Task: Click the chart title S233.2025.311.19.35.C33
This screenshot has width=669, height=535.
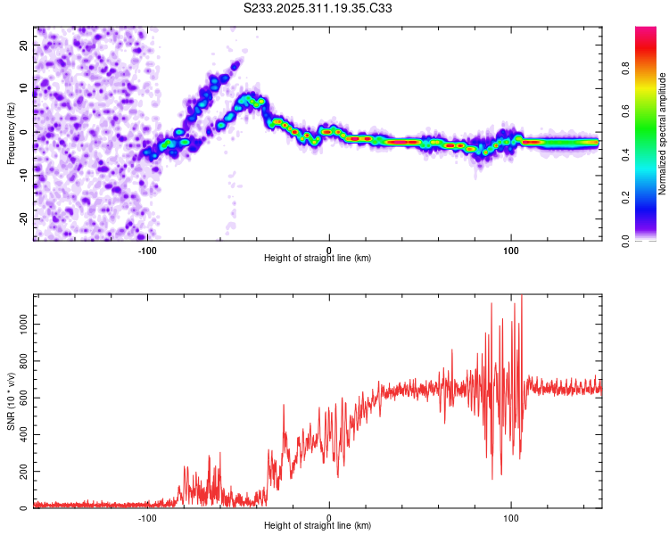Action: (x=318, y=8)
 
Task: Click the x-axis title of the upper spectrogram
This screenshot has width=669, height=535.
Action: (x=318, y=258)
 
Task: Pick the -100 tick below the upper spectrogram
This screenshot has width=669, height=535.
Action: (x=147, y=250)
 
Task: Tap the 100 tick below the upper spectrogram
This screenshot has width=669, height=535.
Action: (x=511, y=250)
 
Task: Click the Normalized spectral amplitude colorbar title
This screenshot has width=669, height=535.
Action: (x=662, y=134)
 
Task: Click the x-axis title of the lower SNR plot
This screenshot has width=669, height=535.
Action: (x=318, y=525)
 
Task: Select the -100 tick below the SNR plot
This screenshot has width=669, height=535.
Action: (x=147, y=517)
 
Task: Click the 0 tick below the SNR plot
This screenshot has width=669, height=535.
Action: (x=329, y=517)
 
